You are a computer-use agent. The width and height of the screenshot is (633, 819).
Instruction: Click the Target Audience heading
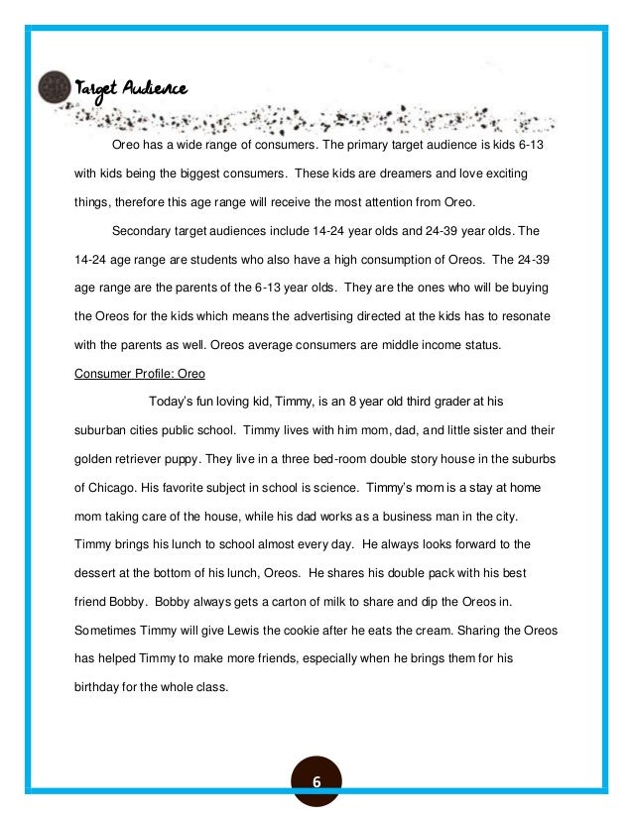pos(130,88)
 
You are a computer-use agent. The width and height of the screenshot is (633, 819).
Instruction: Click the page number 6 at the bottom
pos(316,781)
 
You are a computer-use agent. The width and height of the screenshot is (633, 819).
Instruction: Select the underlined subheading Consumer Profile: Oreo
pos(140,374)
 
